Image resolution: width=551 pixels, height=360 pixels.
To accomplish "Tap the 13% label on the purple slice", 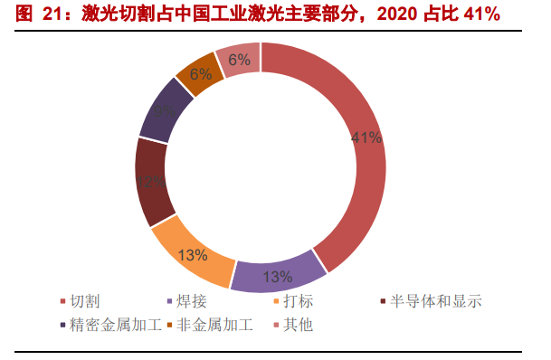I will pos(277,277).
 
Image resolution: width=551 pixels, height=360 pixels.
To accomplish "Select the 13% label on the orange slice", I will pos(193,254).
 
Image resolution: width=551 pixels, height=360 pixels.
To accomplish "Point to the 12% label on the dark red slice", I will pos(151,182).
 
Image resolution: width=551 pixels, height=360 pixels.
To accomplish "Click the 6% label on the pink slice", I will pos(240,60).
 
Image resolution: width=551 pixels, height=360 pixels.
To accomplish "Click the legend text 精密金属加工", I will pos(114,324).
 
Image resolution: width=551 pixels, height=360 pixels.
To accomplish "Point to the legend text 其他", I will pos(298,324).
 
